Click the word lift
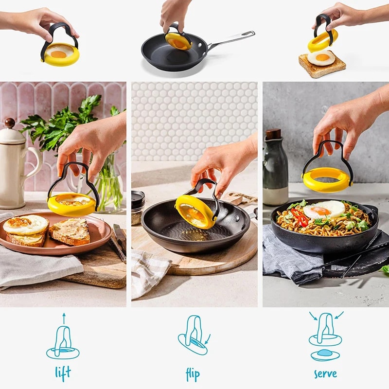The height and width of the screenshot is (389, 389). pyautogui.click(x=63, y=372)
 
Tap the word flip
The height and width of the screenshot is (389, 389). pyautogui.click(x=193, y=374)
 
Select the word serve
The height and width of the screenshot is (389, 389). pyautogui.click(x=325, y=373)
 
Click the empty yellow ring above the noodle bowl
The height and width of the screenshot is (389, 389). pyautogui.click(x=327, y=180)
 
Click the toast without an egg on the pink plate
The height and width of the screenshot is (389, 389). pyautogui.click(x=71, y=232)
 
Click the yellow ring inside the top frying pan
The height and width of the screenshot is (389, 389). pyautogui.click(x=178, y=41)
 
